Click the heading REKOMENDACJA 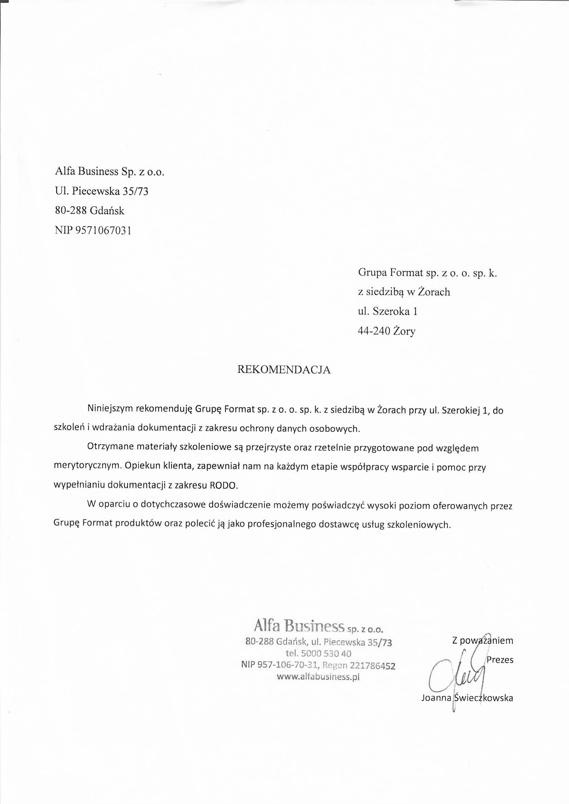284,370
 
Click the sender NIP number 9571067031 103,230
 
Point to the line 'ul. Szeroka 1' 387,311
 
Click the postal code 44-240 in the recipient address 374,331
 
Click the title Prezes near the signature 500,660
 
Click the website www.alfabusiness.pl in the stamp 318,676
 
